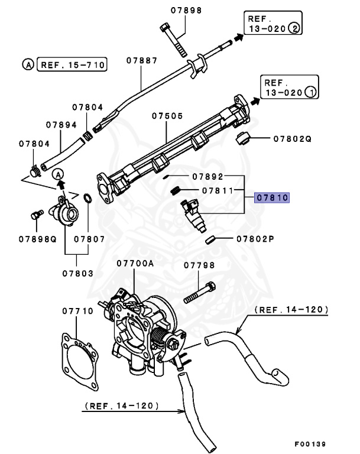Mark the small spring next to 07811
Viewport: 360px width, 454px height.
(x=176, y=190)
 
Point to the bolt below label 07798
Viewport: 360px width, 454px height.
(x=199, y=295)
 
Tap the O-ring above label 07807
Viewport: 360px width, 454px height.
(x=87, y=198)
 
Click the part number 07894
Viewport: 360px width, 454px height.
(x=61, y=125)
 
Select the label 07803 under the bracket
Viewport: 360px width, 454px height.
(x=77, y=274)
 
